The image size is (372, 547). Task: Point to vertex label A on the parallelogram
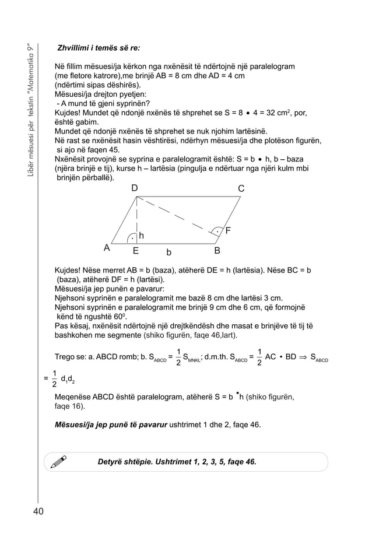point(107,247)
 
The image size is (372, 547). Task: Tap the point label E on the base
point(135,252)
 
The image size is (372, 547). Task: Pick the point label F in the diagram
point(228,231)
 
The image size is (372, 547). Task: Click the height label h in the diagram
point(141,236)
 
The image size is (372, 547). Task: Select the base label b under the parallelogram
point(169,253)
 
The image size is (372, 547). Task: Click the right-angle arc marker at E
point(132,236)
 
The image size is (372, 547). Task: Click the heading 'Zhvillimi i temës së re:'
point(98,48)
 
